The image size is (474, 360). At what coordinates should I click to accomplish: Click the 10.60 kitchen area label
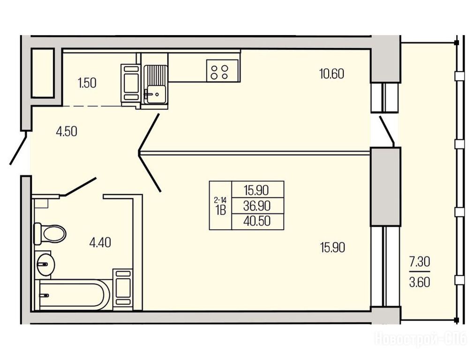click(x=331, y=74)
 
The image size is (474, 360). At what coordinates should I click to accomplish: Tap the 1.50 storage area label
click(x=87, y=83)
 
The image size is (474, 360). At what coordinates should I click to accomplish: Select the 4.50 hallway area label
click(x=67, y=132)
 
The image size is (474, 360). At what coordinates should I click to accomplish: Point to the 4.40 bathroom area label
click(x=100, y=242)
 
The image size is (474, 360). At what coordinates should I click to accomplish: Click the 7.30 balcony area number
click(x=419, y=262)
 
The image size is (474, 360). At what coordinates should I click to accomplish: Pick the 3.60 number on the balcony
click(x=419, y=282)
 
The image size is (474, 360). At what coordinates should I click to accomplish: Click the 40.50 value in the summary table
click(x=257, y=221)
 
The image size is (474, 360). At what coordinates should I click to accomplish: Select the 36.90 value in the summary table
click(x=257, y=206)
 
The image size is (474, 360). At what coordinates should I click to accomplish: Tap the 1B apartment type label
click(x=221, y=210)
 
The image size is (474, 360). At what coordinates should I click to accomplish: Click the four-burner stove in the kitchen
click(x=222, y=70)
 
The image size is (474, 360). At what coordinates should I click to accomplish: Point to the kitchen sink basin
click(x=155, y=94)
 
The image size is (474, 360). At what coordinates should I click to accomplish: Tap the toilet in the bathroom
click(x=50, y=233)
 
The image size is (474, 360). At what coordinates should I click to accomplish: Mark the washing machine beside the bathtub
click(x=123, y=289)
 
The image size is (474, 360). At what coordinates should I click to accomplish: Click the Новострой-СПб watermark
click(x=421, y=338)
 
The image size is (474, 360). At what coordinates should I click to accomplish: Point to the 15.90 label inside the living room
click(x=332, y=248)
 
